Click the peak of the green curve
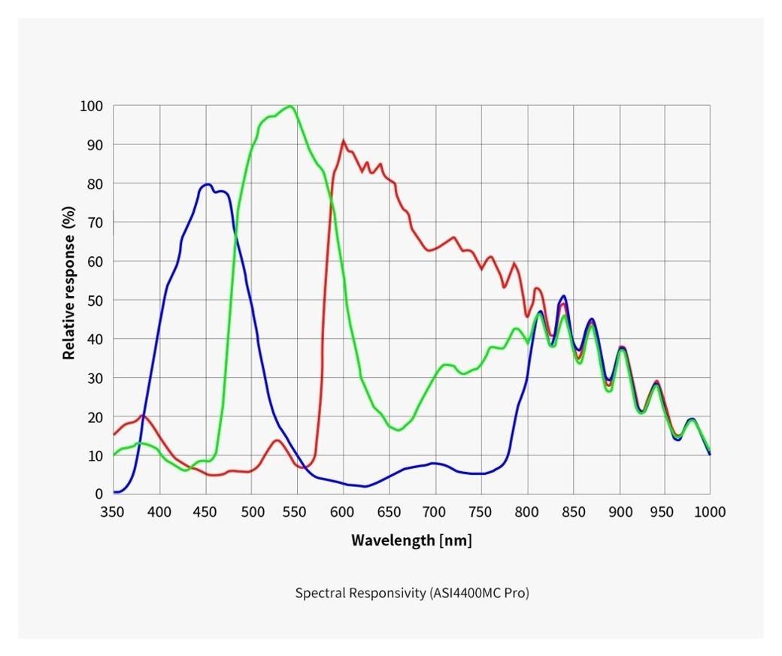(x=289, y=107)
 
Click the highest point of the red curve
(x=344, y=141)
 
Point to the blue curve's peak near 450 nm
(x=207, y=184)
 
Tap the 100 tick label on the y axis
(x=91, y=106)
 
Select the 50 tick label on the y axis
(x=95, y=300)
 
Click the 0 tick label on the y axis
(x=98, y=494)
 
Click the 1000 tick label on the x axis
(x=710, y=512)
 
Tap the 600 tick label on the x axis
(x=344, y=512)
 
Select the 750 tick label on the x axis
(x=481, y=512)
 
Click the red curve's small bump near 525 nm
(x=277, y=440)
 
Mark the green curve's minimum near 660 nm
(x=399, y=430)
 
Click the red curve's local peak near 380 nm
(x=143, y=416)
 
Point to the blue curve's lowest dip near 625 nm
(x=365, y=486)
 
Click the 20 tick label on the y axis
(x=95, y=416)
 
